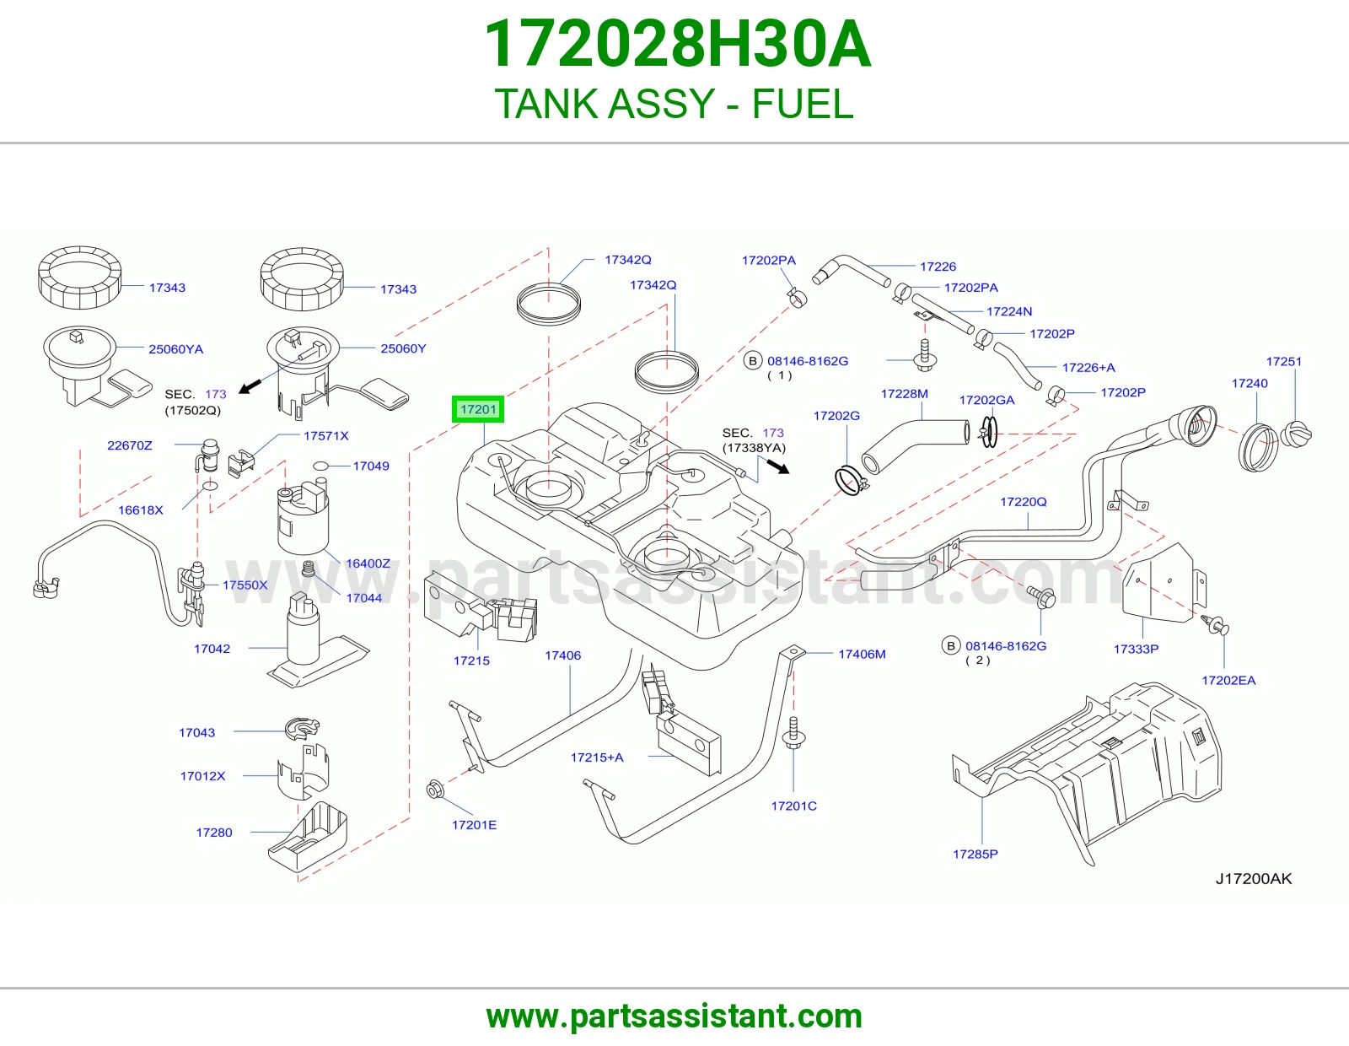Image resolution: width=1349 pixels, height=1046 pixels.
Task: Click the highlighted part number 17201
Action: (478, 409)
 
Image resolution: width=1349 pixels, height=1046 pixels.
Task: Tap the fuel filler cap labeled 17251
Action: (1296, 434)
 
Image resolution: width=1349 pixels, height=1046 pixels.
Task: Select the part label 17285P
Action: (975, 854)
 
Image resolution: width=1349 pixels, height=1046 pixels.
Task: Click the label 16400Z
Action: (368, 563)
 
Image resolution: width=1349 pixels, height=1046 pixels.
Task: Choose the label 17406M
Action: (862, 654)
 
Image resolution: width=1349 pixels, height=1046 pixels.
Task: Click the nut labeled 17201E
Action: (434, 790)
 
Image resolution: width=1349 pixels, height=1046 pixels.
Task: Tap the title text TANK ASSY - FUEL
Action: (674, 104)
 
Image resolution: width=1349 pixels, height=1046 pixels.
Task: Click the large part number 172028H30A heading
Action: (677, 45)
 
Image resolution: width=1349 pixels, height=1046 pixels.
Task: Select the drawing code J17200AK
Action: (1254, 879)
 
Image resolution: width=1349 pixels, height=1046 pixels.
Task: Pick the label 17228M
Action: (905, 394)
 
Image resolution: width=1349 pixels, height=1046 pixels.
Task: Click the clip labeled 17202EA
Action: (1215, 625)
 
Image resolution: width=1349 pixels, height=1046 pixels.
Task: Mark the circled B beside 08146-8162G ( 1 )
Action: (753, 361)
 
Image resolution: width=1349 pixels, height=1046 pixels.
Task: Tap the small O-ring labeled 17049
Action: (320, 466)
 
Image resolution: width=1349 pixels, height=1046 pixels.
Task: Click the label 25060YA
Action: (175, 349)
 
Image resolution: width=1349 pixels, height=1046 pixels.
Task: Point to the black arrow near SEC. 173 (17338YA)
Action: (778, 466)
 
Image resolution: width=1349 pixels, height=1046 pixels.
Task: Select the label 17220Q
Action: (1023, 501)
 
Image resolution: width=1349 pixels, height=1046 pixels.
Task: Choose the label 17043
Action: (196, 732)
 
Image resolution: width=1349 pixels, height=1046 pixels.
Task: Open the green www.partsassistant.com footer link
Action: (674, 1016)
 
